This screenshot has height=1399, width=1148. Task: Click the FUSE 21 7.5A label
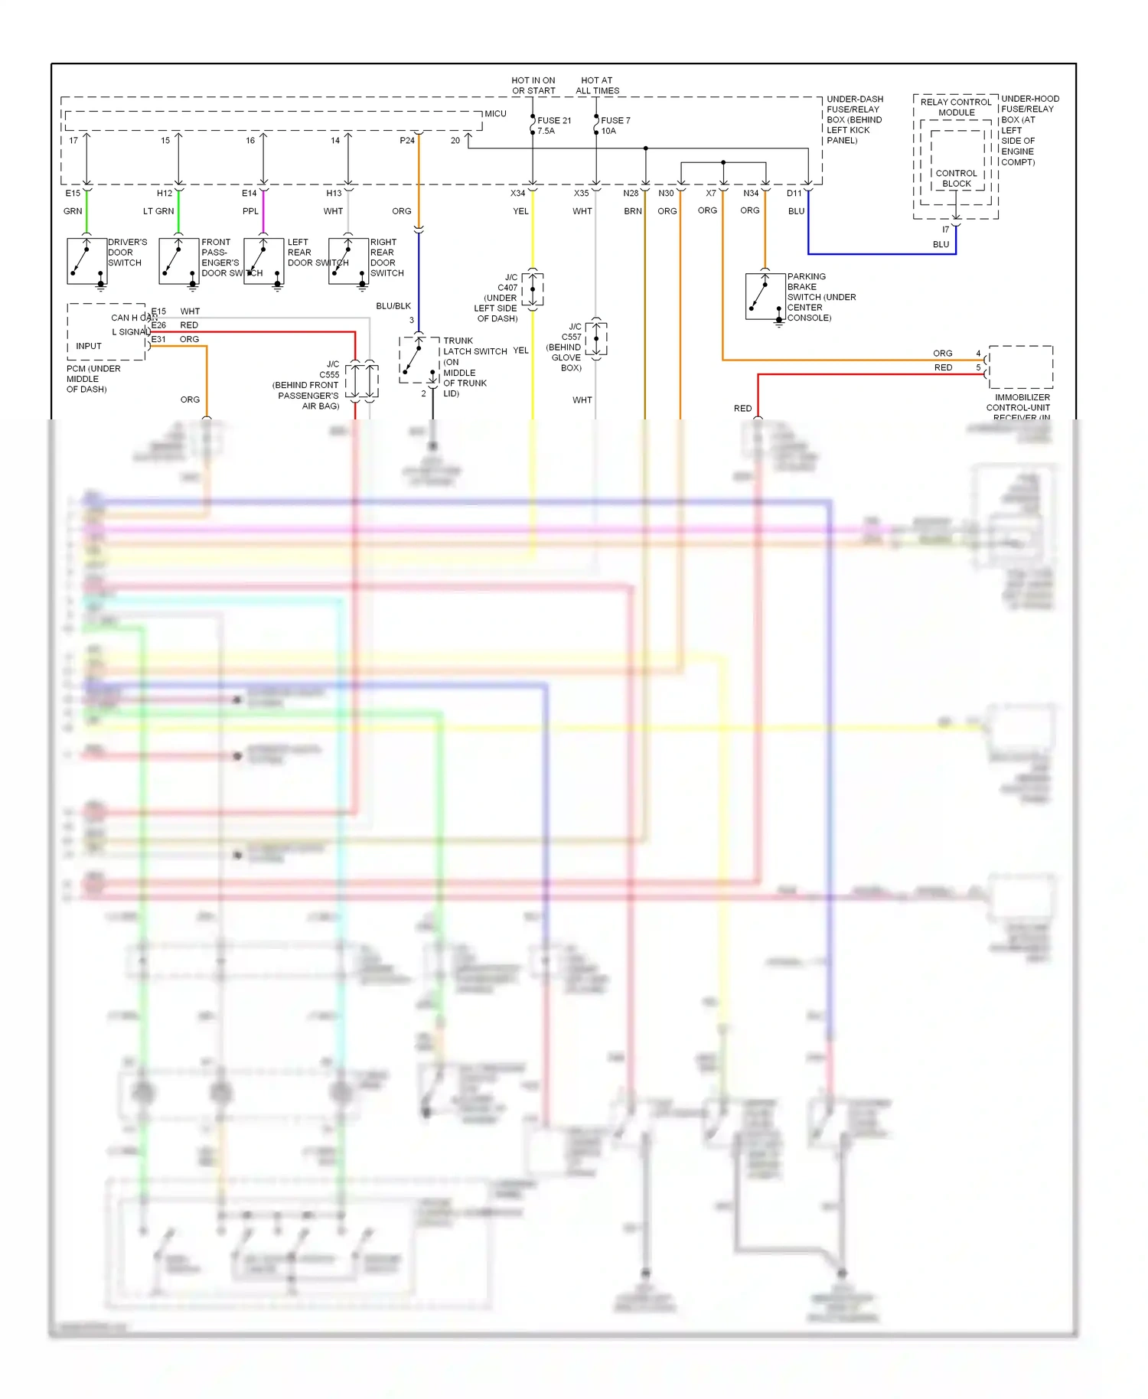[x=554, y=126]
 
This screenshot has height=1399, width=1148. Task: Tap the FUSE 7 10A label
[x=615, y=126]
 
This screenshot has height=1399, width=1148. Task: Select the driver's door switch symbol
[x=86, y=262]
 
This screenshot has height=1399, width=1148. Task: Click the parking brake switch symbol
[x=765, y=296]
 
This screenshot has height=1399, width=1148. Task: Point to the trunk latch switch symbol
[x=419, y=360]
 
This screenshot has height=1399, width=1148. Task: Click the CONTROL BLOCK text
[x=956, y=178]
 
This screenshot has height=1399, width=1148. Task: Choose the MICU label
[x=495, y=114]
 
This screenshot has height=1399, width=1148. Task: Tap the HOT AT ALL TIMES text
[x=597, y=85]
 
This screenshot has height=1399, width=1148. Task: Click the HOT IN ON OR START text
[x=533, y=85]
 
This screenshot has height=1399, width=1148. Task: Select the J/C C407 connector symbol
[x=533, y=289]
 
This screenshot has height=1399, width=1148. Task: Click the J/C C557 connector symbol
[x=596, y=338]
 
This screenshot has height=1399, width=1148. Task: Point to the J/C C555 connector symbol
[x=362, y=380]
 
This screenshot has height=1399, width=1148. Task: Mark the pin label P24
[x=407, y=141]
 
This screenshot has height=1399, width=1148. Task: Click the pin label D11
[x=794, y=194]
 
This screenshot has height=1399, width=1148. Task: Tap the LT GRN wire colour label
[x=158, y=211]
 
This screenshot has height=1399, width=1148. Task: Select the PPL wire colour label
[x=250, y=211]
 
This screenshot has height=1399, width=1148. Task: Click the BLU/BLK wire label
[x=393, y=306]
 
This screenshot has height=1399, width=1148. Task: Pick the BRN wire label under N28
[x=632, y=211]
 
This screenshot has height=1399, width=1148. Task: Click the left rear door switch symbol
[x=263, y=262]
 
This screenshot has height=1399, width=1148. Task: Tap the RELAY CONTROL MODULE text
[x=956, y=107]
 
